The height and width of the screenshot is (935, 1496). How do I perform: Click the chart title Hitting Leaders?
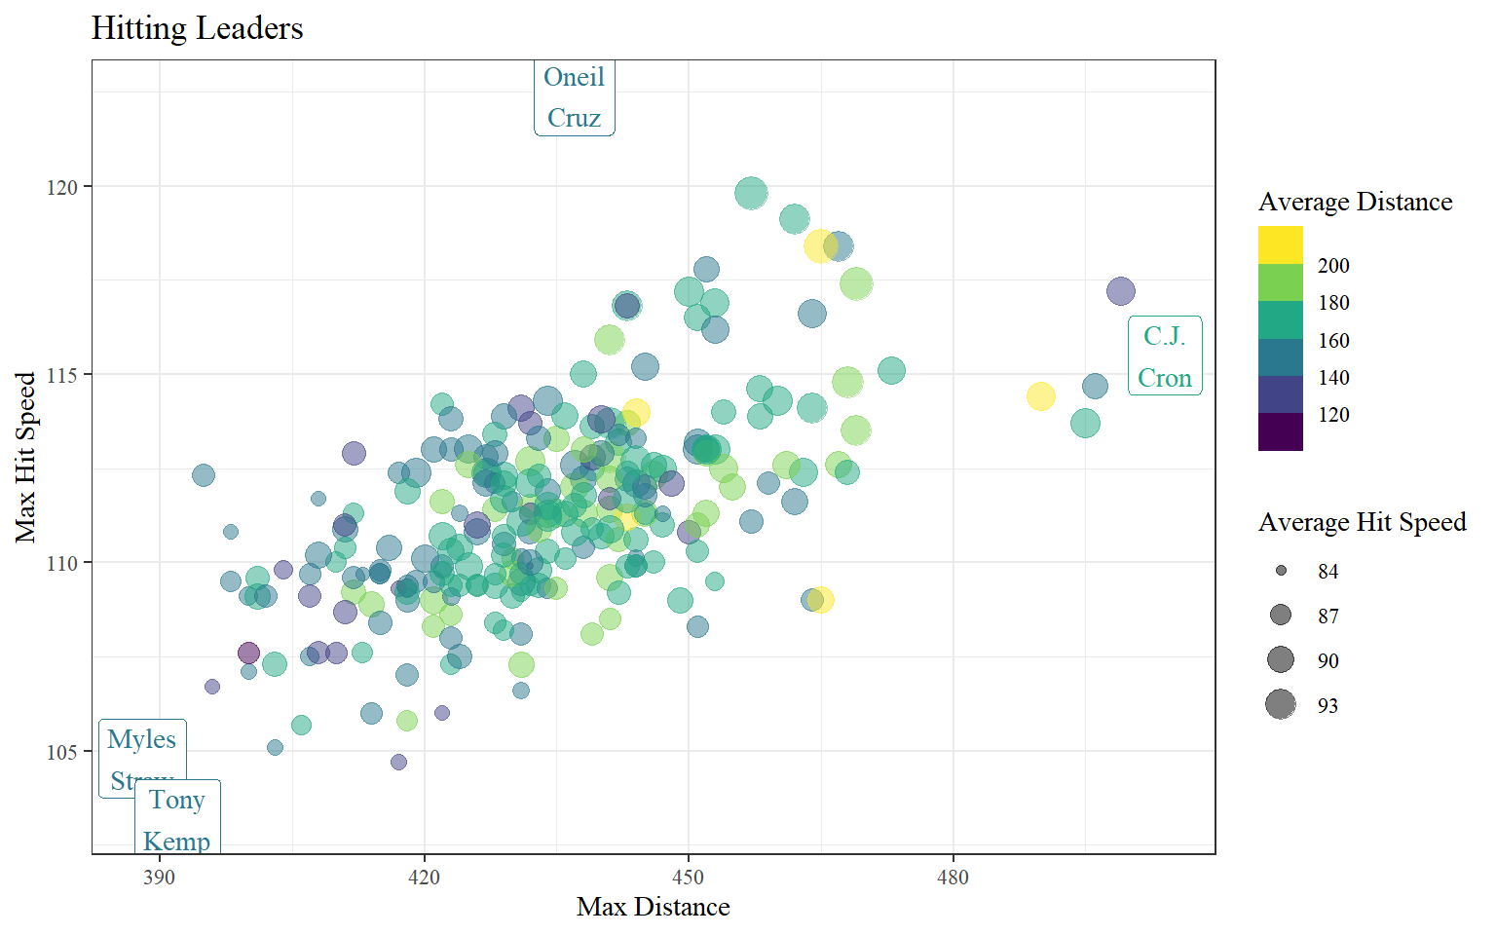pos(197,28)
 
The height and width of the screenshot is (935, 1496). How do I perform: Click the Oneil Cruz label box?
pos(575,97)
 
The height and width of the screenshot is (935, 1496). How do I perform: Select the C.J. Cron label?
pos(1165,356)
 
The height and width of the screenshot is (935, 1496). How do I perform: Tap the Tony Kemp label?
pos(177,819)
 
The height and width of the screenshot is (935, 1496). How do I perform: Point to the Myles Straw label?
pos(142,750)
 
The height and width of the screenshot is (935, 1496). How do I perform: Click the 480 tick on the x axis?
pos(953,878)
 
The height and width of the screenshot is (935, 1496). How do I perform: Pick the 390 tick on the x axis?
pos(159,878)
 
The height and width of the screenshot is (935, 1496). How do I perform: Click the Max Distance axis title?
pos(653,908)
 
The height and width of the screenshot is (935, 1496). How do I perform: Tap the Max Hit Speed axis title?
pos(25,457)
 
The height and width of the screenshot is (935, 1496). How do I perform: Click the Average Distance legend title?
pos(1355,202)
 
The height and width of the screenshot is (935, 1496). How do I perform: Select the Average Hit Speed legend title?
pos(1362,523)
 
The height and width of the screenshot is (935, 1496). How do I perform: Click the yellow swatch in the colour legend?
pos(1280,244)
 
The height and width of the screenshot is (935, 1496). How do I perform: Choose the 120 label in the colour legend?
pos(1333,415)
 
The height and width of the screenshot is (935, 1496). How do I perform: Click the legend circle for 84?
pos(1281,571)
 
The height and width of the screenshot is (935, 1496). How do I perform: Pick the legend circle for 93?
pos(1281,704)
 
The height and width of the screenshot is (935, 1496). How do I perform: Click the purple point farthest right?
pos(1121,290)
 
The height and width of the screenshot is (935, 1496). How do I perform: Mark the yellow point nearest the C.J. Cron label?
pos(1041,396)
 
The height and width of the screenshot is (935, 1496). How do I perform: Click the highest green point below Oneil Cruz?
pos(751,193)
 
